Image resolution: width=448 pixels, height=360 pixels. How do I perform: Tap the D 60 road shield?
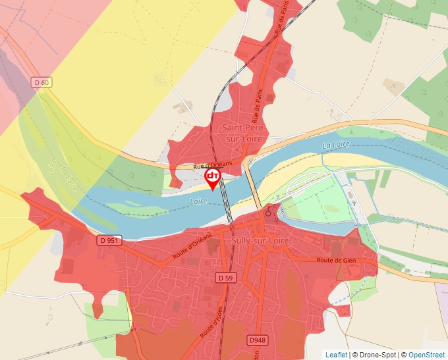tap(41, 82)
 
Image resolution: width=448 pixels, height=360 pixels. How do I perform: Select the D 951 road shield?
tap(109, 240)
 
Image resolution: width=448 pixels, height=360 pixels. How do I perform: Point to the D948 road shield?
tap(258, 340)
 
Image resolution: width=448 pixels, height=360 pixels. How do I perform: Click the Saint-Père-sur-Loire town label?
tap(242, 133)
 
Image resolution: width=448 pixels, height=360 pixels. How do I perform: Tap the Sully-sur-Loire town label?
tap(256, 241)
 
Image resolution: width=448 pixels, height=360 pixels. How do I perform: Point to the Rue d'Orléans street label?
tap(212, 167)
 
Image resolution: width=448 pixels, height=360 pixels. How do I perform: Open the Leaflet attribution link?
tap(336, 355)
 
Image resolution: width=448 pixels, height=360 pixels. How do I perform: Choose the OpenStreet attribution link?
tap(426, 355)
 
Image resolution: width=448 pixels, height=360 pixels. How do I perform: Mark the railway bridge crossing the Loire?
tap(226, 197)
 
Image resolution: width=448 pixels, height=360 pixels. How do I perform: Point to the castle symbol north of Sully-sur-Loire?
tap(269, 213)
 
